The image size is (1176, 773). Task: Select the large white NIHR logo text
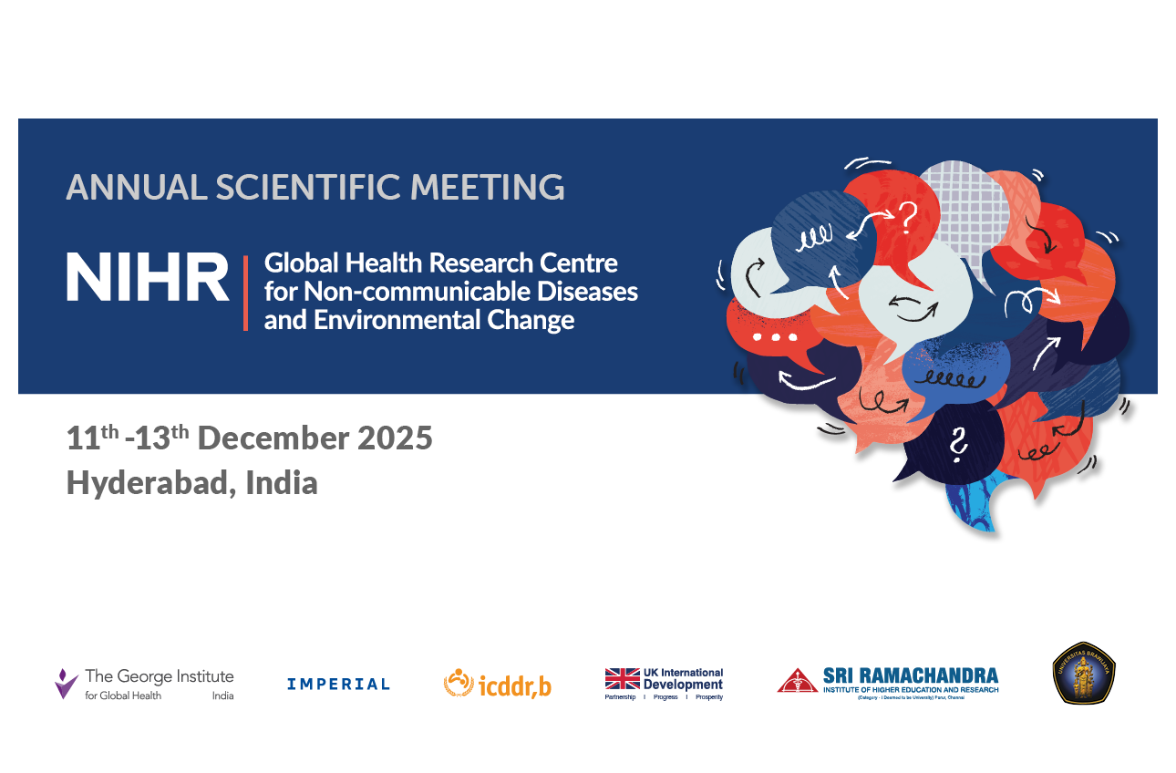pyautogui.click(x=147, y=278)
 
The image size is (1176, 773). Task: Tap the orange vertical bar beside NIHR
pyautogui.click(x=245, y=293)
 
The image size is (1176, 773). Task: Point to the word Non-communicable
pyautogui.click(x=397, y=292)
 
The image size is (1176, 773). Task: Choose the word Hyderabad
pyautogui.click(x=146, y=482)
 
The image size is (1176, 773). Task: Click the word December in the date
pyautogui.click(x=273, y=438)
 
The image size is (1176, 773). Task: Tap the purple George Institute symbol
pyautogui.click(x=66, y=683)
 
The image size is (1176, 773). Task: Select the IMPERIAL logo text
pyautogui.click(x=338, y=684)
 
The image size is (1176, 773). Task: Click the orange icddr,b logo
pyautogui.click(x=498, y=684)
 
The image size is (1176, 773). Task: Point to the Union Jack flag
pyautogui.click(x=622, y=678)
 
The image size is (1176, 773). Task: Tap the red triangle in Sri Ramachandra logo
pyautogui.click(x=797, y=681)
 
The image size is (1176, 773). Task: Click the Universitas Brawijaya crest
pyautogui.click(x=1084, y=674)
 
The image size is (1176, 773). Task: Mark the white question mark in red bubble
pyautogui.click(x=906, y=217)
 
